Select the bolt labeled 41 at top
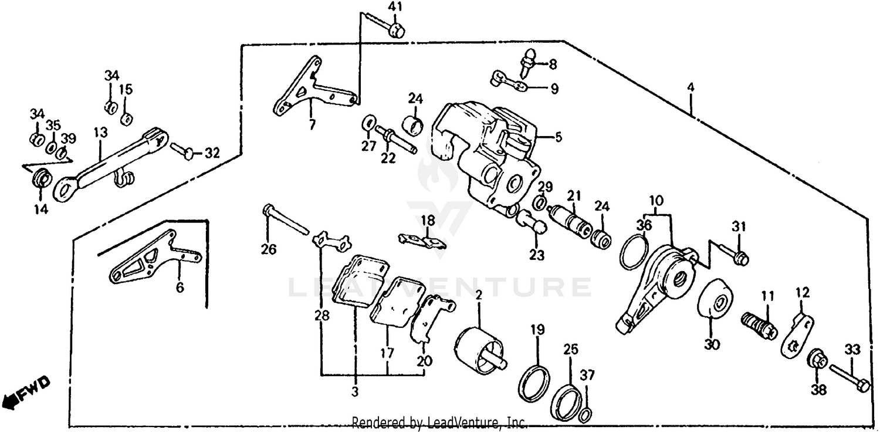pos(394,29)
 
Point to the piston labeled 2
pos(478,350)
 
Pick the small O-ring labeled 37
pos(584,415)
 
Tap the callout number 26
pos(269,249)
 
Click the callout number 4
pos(691,87)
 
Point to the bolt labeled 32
pos(182,151)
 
